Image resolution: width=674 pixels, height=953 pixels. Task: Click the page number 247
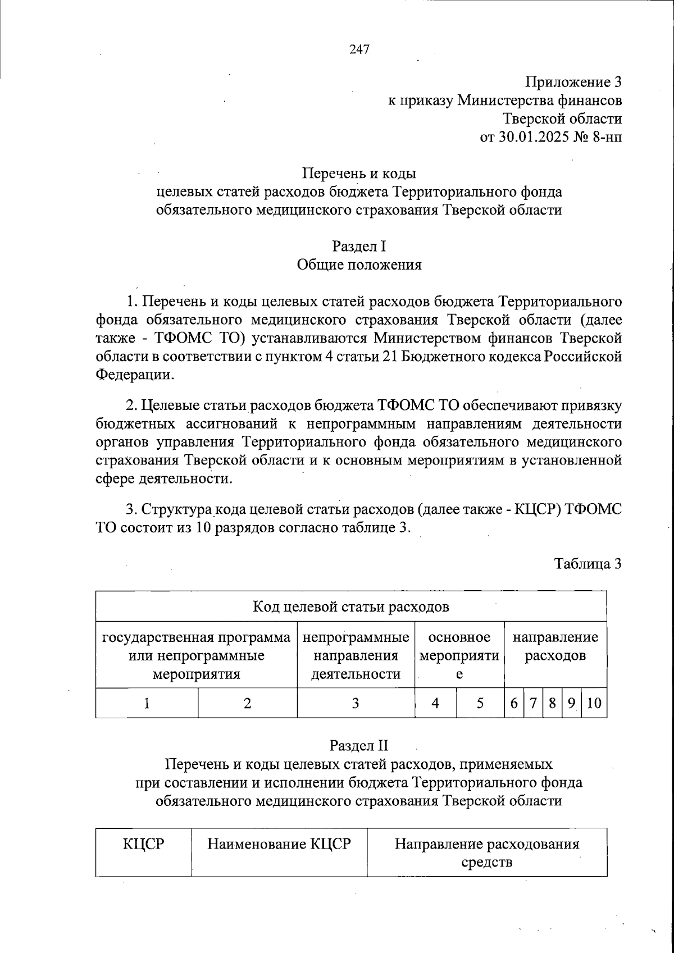point(359,49)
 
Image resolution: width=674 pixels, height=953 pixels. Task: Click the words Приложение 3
point(573,82)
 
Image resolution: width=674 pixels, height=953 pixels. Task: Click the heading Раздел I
point(359,247)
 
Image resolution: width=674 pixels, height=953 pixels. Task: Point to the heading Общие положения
point(359,265)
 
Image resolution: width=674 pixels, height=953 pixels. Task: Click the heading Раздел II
point(359,746)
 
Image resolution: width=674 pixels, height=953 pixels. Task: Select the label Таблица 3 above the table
point(588,563)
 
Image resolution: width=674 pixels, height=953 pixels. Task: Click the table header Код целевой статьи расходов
point(351,607)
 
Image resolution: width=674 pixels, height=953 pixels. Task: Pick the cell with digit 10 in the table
point(594,703)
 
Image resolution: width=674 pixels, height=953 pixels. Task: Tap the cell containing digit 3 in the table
point(356,703)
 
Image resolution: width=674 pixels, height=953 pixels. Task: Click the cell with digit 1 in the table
point(147,703)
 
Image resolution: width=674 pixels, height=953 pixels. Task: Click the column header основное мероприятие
point(459,655)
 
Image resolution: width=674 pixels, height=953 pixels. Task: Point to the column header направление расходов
point(555,646)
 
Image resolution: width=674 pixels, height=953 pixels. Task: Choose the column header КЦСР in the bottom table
point(143,844)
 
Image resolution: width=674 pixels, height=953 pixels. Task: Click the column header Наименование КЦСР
point(279,844)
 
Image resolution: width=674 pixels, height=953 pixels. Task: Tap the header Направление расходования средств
point(486,852)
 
